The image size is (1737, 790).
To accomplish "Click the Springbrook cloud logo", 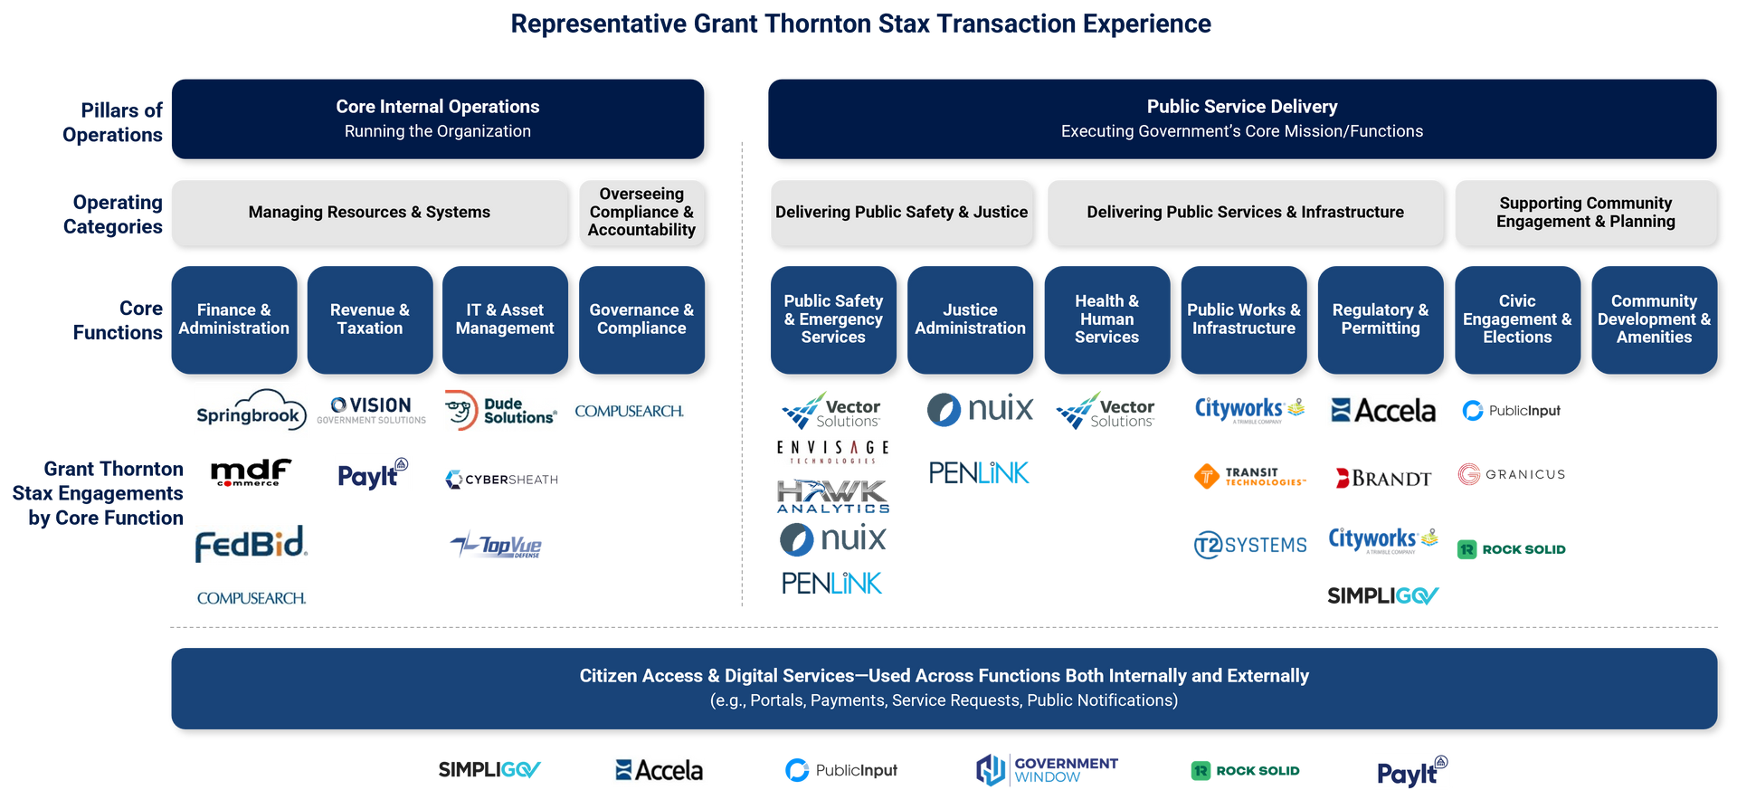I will coord(252,411).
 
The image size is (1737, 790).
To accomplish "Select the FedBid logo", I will coord(252,544).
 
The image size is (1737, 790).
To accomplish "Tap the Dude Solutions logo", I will coord(500,411).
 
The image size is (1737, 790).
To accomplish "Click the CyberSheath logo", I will coord(500,480).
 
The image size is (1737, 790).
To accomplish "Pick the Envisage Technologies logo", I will coord(832,452).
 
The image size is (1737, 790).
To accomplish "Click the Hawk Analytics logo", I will coord(832,496).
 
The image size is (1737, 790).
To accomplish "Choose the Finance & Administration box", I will coord(233,319).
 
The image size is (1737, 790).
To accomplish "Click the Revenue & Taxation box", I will coord(369,319).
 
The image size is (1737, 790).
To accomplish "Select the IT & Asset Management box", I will coord(505,319).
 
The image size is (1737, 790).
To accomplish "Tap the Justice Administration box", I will coord(970,319).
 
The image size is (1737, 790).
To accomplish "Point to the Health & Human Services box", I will coord(1106,319).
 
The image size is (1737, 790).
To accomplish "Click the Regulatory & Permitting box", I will coord(1380,319).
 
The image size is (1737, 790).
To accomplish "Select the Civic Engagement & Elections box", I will coord(1517,319).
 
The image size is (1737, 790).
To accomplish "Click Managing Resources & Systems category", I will coord(369,212).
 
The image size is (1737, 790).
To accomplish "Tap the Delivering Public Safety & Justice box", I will coord(901,212).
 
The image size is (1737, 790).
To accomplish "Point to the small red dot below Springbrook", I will coord(227,485).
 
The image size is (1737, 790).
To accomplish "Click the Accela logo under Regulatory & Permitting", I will coord(1383,411).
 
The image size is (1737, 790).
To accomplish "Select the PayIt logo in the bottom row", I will coord(1410,770).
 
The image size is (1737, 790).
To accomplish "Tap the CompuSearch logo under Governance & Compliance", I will coord(629,411).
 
